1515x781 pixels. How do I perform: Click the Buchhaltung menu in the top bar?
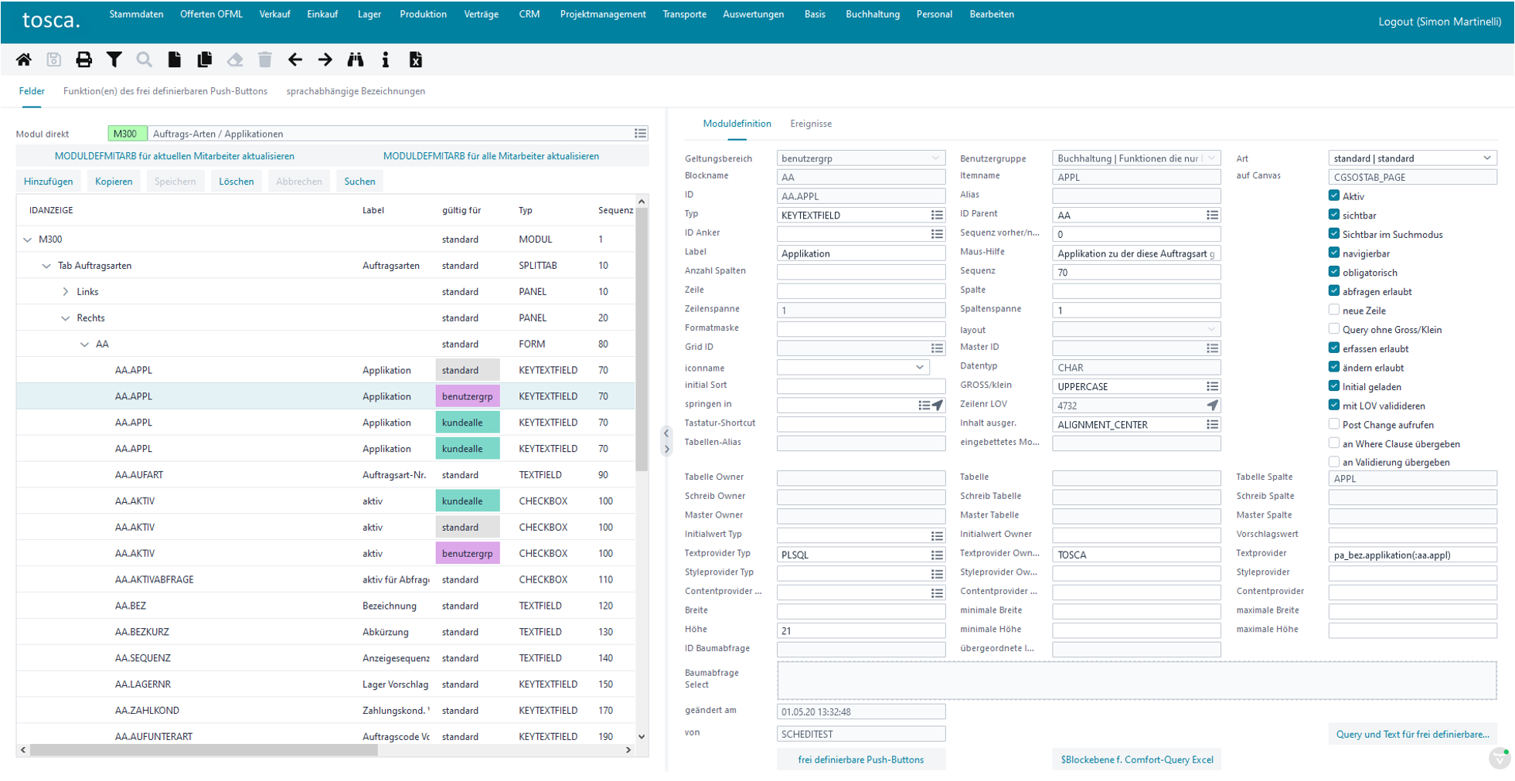[x=872, y=14]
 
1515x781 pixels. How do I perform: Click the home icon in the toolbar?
[x=24, y=59]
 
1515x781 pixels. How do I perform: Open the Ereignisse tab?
[x=810, y=124]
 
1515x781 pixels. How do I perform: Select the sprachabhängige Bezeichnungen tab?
[x=355, y=91]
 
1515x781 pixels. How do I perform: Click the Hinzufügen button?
[x=48, y=182]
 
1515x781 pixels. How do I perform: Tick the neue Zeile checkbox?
[x=1333, y=310]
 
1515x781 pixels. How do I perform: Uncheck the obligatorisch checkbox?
[x=1333, y=272]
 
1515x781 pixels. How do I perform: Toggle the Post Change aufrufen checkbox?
[x=1333, y=424]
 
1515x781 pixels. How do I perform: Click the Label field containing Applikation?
[x=860, y=253]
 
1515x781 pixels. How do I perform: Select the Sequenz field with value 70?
[x=1135, y=272]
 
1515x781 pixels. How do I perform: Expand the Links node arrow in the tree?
[x=66, y=292]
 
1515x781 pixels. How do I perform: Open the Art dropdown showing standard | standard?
[x=1411, y=158]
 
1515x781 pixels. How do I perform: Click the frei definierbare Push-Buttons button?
[x=860, y=759]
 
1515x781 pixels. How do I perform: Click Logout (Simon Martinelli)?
[x=1439, y=22]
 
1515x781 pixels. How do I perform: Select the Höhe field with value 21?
[x=860, y=630]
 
